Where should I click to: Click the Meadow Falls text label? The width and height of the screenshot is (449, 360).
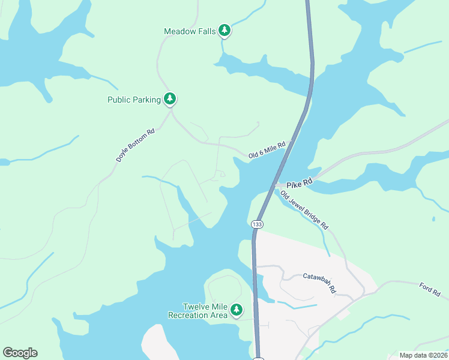(190, 31)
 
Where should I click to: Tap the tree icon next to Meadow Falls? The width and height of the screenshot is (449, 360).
(224, 30)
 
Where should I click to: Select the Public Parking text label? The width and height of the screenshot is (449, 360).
(134, 100)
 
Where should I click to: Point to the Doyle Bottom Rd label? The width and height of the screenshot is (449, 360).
(136, 145)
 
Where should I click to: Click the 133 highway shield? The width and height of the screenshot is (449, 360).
(257, 224)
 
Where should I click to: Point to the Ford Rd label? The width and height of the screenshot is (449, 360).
(430, 289)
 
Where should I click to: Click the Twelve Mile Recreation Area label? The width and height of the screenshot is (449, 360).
(197, 310)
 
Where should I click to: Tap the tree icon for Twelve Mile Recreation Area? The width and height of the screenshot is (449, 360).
(237, 310)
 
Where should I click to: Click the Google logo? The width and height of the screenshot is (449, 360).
(20, 353)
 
